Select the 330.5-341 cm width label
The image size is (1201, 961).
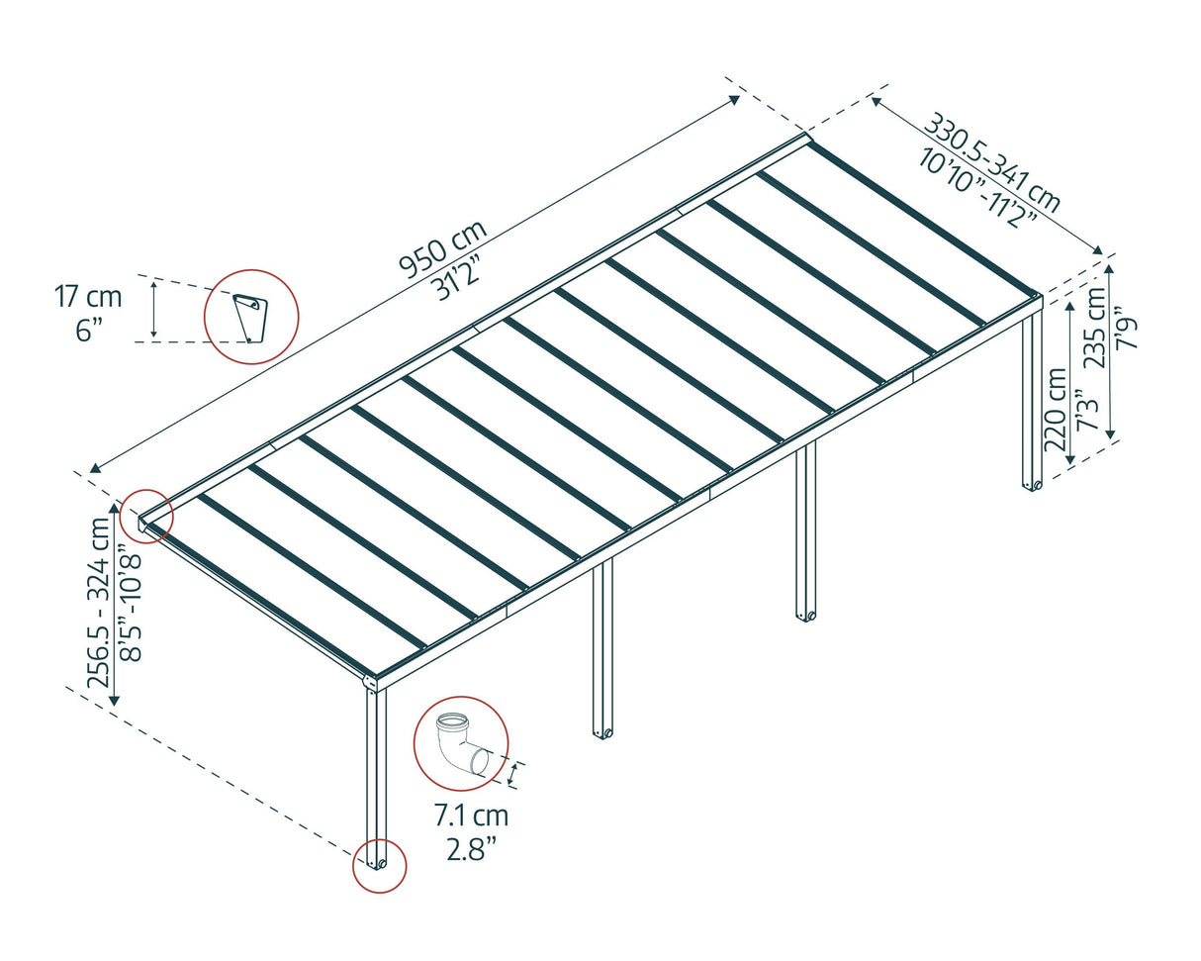click(x=992, y=162)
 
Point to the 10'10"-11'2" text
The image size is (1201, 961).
click(x=977, y=188)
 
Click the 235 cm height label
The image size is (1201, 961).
click(x=1096, y=327)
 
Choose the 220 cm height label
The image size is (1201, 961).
click(x=1056, y=410)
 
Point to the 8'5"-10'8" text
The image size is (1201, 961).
click(x=130, y=606)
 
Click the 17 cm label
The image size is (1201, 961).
click(x=88, y=296)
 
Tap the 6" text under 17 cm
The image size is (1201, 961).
click(x=88, y=330)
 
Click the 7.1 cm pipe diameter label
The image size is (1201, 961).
click(x=471, y=816)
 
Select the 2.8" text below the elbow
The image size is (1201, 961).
click(x=471, y=848)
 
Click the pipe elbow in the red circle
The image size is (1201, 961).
click(x=461, y=743)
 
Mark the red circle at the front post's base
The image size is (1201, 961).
click(x=380, y=866)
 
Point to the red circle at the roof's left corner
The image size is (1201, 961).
click(x=146, y=516)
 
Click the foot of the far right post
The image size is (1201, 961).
click(x=1033, y=485)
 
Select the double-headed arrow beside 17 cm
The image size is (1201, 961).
click(x=153, y=309)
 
